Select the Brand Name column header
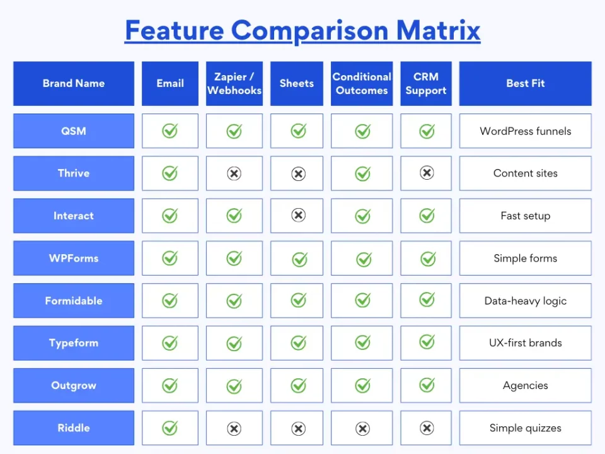point(74,83)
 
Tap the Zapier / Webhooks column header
point(234,83)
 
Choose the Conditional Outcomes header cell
point(362,83)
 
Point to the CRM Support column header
point(426,83)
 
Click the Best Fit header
point(525,83)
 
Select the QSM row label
point(74,131)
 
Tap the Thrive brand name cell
point(74,173)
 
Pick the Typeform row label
point(74,343)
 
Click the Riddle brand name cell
point(74,428)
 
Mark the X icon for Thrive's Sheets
point(298,173)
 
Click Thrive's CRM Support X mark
point(427,173)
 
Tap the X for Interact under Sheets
point(298,216)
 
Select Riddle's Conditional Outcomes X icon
point(362,429)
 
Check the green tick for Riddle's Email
point(170,428)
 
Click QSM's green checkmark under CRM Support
point(427,131)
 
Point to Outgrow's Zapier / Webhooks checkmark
point(234,386)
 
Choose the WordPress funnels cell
point(525,131)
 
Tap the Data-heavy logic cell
point(525,301)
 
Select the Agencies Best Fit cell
point(525,386)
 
